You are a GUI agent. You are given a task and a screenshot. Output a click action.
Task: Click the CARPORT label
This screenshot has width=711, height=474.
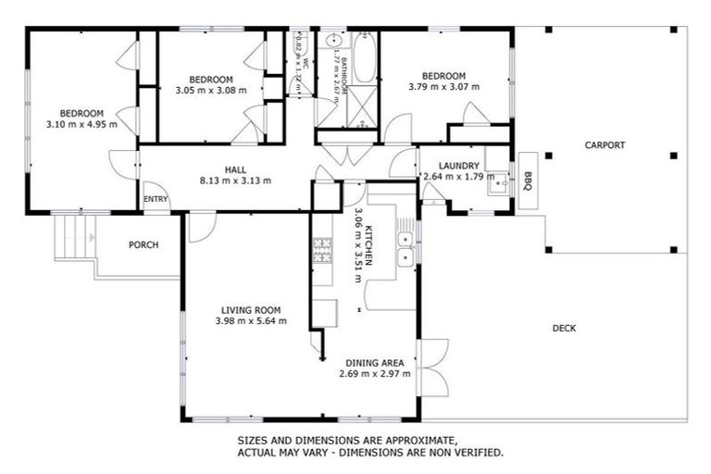tap(605, 145)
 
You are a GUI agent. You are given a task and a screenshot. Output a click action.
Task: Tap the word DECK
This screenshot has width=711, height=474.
tap(565, 328)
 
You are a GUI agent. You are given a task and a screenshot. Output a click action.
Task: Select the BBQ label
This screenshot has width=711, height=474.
tap(528, 181)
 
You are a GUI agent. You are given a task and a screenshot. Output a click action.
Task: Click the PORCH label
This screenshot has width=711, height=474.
tap(143, 245)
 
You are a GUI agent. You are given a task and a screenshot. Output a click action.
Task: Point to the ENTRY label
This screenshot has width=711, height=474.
tap(156, 200)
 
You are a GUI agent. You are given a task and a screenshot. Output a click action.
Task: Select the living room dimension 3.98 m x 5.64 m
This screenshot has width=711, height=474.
tap(251, 321)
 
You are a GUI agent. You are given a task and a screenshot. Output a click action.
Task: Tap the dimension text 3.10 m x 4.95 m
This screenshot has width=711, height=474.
tap(81, 124)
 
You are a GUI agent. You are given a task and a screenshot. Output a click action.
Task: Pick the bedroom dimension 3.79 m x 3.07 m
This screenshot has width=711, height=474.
tap(444, 87)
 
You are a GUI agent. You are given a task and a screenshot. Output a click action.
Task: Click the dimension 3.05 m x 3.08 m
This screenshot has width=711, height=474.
tap(211, 90)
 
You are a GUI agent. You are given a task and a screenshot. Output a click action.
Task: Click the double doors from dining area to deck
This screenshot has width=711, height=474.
tap(432, 368)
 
